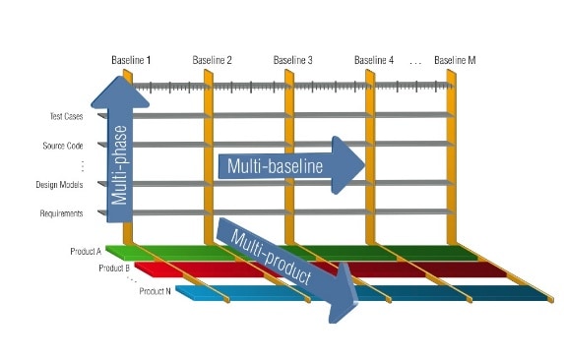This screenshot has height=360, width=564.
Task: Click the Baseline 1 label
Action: [131, 60]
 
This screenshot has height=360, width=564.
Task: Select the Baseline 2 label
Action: [212, 60]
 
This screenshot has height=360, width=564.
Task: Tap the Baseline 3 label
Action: [292, 60]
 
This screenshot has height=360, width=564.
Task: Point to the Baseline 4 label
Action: [374, 60]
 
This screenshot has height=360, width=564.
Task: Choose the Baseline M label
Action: [455, 60]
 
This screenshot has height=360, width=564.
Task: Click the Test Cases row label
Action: [66, 116]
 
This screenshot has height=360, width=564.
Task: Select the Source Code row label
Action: [63, 146]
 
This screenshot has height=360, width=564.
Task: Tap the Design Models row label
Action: [59, 185]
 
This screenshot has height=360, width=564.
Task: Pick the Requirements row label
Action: [61, 213]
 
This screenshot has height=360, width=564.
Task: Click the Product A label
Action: [86, 252]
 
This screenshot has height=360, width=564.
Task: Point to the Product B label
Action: [114, 268]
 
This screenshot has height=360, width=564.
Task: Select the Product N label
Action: [156, 291]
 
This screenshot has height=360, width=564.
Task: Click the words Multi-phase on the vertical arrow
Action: [119, 165]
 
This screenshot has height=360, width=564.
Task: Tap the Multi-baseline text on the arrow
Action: [275, 166]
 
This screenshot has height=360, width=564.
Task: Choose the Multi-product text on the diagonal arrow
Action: [271, 258]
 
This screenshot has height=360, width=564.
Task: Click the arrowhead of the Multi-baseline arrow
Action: [347, 165]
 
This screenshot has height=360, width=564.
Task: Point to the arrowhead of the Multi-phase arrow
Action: [120, 92]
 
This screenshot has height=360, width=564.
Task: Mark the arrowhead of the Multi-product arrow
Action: [343, 295]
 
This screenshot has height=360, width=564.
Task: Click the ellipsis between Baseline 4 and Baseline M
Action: [415, 64]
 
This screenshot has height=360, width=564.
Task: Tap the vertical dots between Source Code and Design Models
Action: [83, 165]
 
